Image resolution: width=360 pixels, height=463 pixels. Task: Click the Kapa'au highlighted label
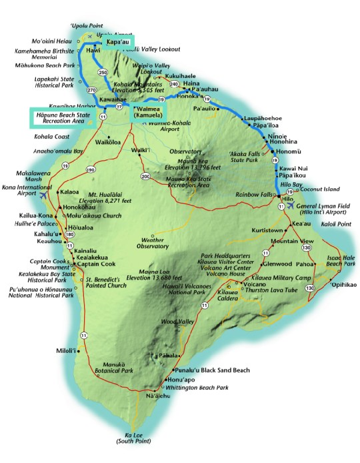tap(117, 42)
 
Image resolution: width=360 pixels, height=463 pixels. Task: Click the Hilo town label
tap(288, 199)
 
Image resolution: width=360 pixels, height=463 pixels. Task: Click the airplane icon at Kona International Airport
tap(45, 196)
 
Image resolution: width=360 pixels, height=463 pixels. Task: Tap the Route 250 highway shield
tap(102, 72)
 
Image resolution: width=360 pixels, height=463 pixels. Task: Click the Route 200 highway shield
tap(145, 176)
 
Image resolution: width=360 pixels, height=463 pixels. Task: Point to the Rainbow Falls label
tap(259, 194)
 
